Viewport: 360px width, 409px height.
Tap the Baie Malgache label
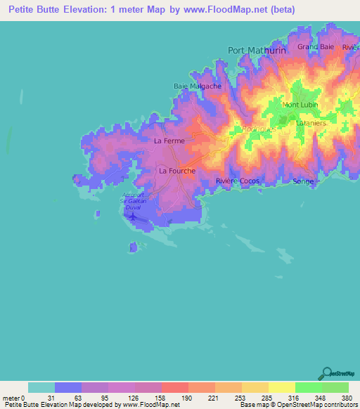[x=198, y=86]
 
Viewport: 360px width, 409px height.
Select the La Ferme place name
[x=169, y=141]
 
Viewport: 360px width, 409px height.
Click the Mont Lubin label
[x=300, y=105]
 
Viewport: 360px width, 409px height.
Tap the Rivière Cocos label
[x=238, y=181]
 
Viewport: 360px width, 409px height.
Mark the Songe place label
[x=303, y=181]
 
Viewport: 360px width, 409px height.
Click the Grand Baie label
[x=316, y=46]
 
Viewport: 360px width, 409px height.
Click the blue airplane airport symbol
[x=133, y=215]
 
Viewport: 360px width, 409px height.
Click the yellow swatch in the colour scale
[x=281, y=387]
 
